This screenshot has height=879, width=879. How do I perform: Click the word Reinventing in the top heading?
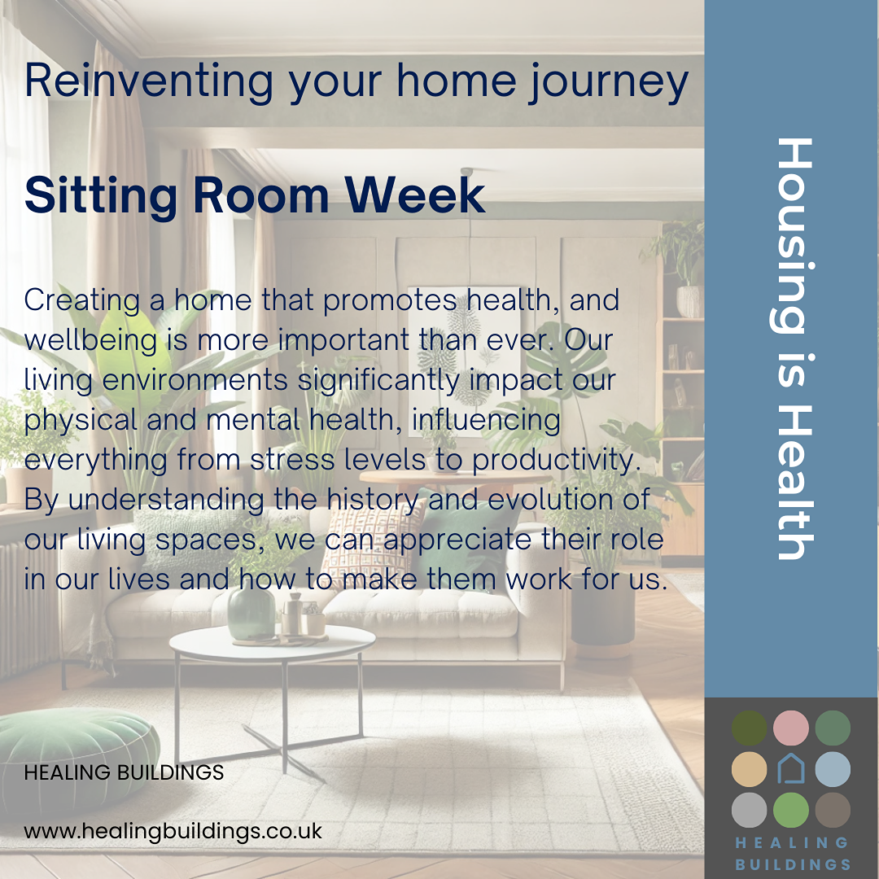point(149,82)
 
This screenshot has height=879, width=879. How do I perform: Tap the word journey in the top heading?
point(609,82)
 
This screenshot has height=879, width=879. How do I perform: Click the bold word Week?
point(415,195)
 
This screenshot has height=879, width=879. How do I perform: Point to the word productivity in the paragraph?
point(556,461)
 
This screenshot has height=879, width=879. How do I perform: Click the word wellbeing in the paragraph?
point(91,341)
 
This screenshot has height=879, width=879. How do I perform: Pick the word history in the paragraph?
point(373,501)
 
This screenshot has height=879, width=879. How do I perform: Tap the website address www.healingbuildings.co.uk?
point(173,831)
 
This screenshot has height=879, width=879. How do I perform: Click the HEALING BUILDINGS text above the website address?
point(124,772)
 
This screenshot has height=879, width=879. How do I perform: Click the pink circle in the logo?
point(791,728)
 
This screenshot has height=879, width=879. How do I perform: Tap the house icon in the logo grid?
point(791,768)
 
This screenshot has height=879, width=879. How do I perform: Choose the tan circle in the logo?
point(750,769)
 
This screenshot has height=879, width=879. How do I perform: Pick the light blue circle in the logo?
point(833,769)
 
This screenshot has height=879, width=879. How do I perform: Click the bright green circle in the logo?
point(791,810)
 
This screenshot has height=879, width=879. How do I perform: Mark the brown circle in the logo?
point(833,810)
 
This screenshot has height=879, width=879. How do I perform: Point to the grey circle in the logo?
point(750,810)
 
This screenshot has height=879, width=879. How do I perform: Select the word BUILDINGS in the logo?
point(793,864)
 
